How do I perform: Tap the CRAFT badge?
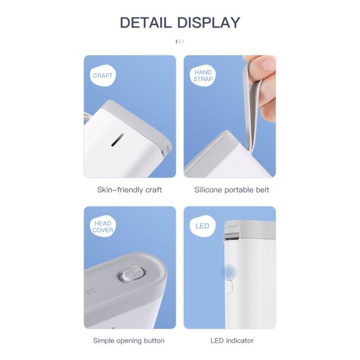coord(103,76)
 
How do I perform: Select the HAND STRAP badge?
coord(203,76)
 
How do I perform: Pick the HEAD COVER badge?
coord(103,227)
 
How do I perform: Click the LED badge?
coord(202,226)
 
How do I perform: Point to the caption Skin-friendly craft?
coord(130,190)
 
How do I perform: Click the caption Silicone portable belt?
coord(232,190)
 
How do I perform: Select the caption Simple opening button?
coord(128,341)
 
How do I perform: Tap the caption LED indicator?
coord(232,341)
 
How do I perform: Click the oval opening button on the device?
coord(131,275)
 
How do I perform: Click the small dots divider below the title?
coord(179,41)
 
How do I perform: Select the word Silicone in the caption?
coord(209,190)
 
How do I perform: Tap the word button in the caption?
coord(152,341)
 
